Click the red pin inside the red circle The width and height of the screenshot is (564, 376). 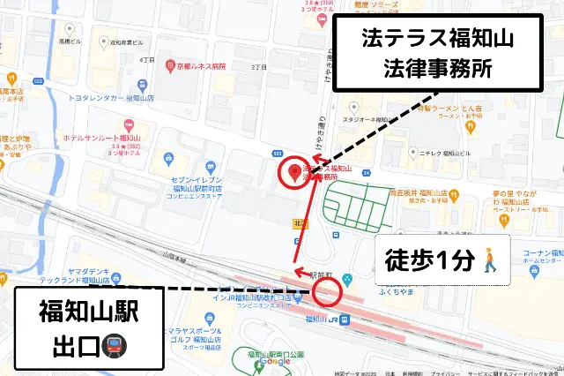(293, 171)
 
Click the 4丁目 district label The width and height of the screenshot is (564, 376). (147, 60)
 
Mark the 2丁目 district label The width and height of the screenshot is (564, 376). (258, 67)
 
